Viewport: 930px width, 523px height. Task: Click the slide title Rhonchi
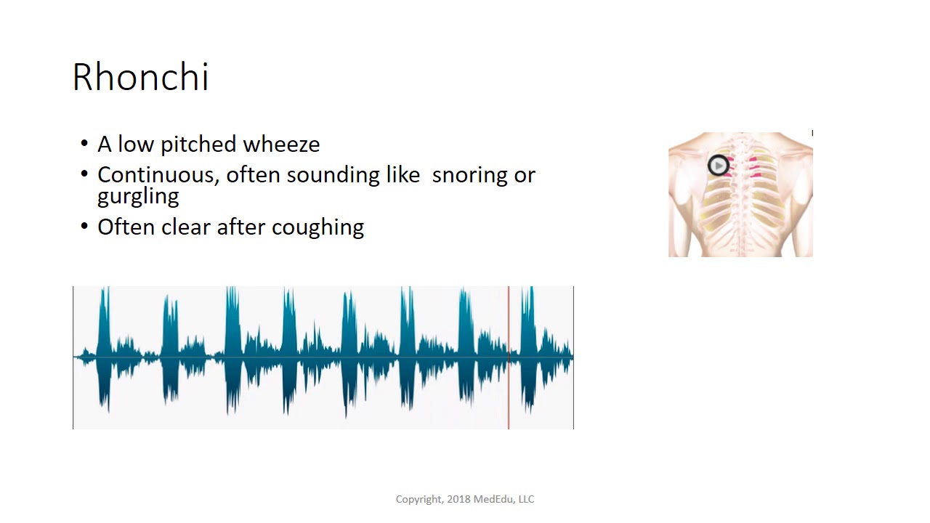140,77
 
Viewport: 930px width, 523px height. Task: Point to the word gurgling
138,197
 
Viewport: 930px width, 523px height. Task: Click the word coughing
318,227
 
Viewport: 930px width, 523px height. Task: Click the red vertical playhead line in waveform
509,357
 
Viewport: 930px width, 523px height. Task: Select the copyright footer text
465,499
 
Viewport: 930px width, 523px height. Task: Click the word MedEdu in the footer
493,499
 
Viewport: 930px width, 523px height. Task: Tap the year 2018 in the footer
458,499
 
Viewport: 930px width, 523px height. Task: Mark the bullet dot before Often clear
85,227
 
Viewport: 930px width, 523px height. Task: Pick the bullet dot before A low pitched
85,145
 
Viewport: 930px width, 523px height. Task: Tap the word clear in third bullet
186,227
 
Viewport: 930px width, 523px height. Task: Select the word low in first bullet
136,145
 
